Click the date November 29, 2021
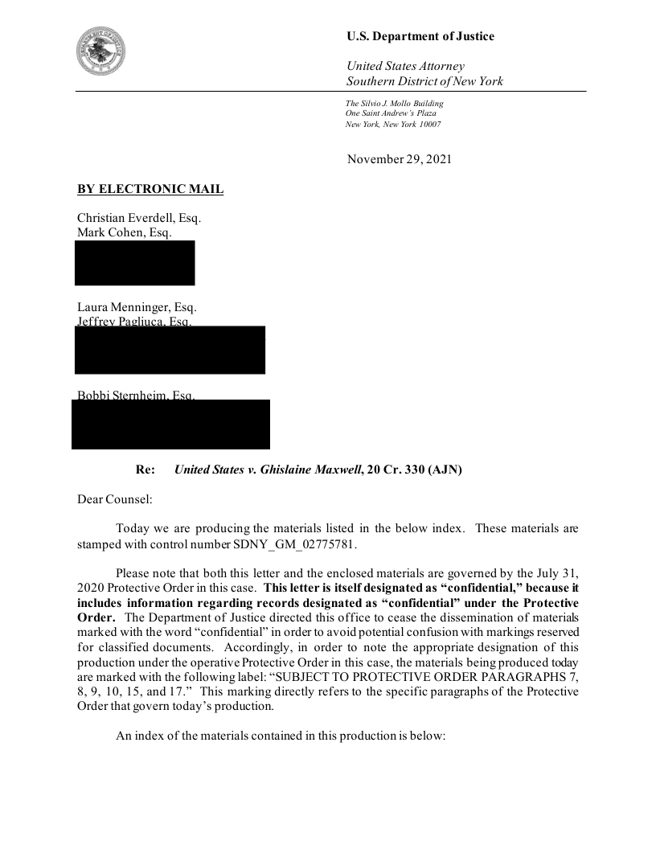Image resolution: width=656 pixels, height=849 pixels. pos(399,159)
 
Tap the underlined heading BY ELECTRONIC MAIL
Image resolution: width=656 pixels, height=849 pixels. pos(150,190)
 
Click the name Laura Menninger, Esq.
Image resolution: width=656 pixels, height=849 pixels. pos(137,307)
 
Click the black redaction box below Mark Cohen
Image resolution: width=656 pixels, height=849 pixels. pos(135,263)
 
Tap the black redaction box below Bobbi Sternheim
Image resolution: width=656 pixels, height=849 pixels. pos(170,424)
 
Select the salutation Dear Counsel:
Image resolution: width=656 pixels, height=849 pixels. pos(114,499)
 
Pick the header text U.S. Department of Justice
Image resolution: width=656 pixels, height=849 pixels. pos(420,36)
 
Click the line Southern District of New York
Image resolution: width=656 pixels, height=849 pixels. pos(424,81)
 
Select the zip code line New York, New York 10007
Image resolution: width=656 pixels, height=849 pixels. pos(393,125)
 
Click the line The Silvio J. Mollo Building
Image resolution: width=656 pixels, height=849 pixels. pos(394,104)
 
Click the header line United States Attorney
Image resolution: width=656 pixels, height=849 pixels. pos(405,66)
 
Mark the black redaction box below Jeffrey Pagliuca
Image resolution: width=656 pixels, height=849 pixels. pos(170,351)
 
